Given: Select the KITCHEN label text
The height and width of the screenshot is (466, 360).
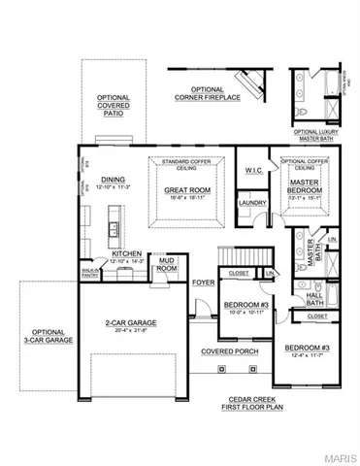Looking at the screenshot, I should point(126,252).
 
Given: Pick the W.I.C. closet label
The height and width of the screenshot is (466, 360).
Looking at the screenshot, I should point(254,171).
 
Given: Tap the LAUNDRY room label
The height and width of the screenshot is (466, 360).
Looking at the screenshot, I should point(253,203).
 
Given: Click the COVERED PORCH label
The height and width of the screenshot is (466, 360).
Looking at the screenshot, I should point(224,350).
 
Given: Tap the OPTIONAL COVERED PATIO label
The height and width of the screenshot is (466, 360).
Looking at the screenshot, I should point(113,105).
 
